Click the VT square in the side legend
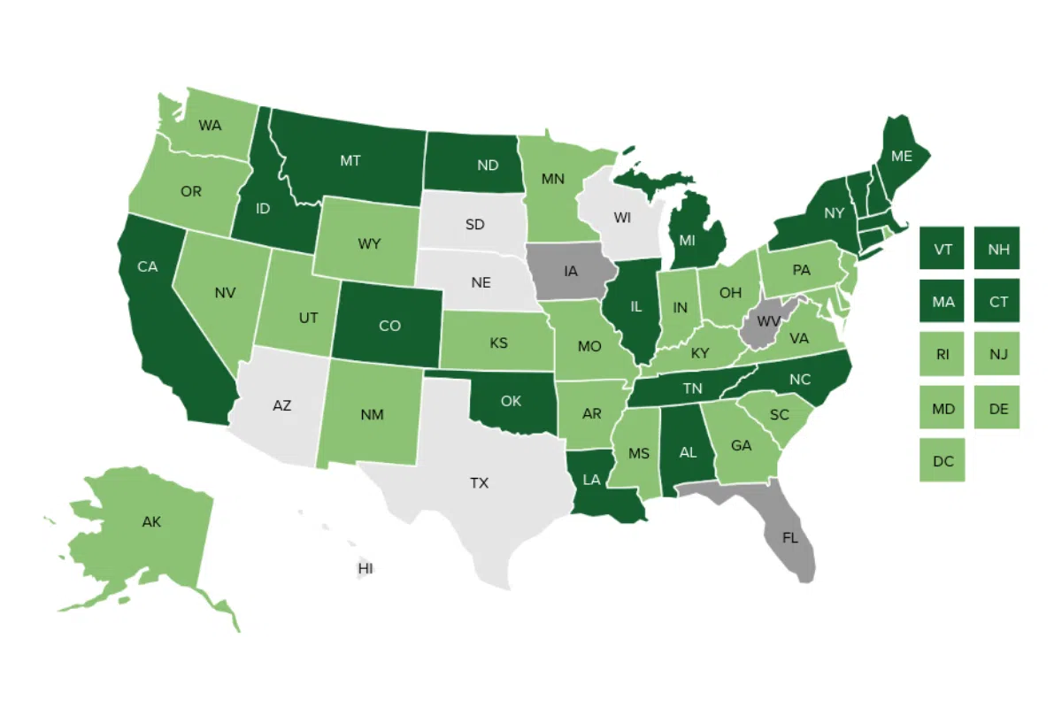point(943,249)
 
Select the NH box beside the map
point(997,249)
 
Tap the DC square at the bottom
point(943,460)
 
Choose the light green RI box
point(943,355)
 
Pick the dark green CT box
point(997,302)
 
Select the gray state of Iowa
point(571,271)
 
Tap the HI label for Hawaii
point(365,568)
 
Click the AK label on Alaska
point(151,522)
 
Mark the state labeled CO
point(389,326)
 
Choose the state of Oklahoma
point(511,401)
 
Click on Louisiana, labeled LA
point(593,480)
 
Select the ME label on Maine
point(901,156)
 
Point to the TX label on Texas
point(479,483)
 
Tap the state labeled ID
point(263,208)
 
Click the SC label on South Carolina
point(779,414)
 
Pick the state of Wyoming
point(369,242)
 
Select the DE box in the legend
point(997,408)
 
